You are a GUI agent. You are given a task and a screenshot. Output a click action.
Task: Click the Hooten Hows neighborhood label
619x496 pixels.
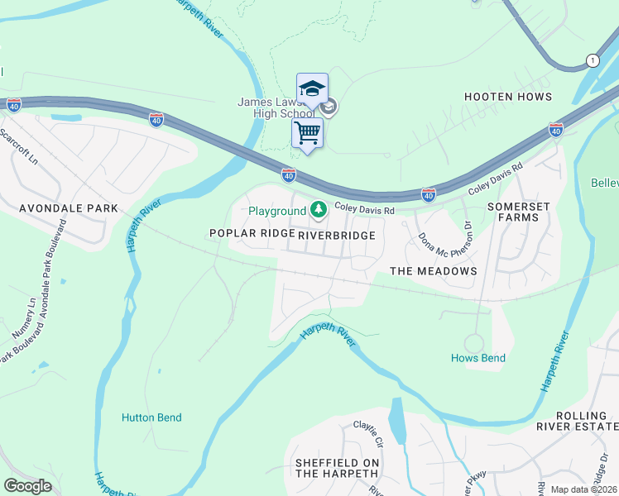tap(507, 97)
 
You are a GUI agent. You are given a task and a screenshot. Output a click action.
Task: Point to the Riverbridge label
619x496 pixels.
tap(336, 236)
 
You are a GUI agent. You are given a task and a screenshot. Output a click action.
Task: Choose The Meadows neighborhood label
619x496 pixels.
tap(433, 271)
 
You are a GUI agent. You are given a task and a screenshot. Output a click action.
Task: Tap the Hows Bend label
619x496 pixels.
tap(478, 358)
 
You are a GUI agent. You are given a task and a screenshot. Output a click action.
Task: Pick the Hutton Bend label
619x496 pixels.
tap(151, 417)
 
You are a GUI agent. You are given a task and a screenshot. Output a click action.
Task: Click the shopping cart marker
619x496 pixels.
tap(307, 132)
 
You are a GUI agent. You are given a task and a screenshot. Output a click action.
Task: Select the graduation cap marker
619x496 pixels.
tap(312, 88)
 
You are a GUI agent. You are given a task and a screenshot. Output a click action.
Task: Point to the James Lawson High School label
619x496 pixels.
tap(276, 107)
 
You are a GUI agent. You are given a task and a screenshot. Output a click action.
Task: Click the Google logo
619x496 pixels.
tap(27, 485)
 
